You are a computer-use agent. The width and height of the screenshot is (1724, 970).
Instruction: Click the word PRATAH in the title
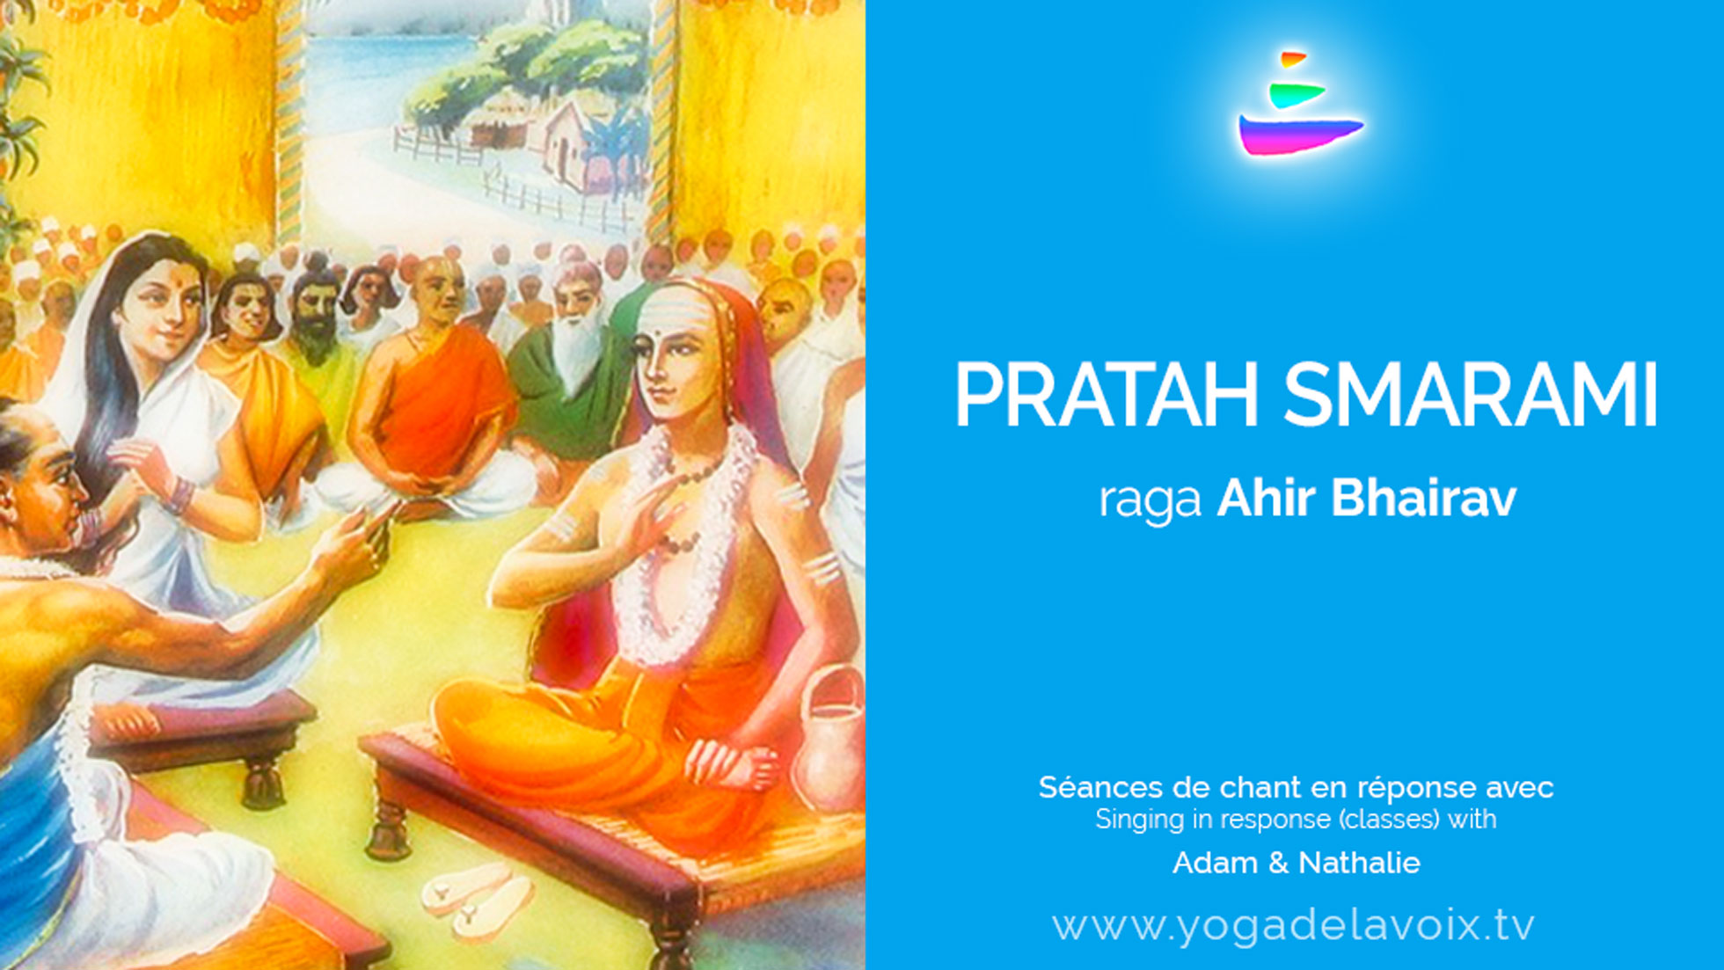(x=1107, y=395)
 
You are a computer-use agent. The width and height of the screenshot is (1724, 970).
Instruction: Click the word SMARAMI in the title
(x=1471, y=395)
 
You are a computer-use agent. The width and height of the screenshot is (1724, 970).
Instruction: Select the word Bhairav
(x=1423, y=497)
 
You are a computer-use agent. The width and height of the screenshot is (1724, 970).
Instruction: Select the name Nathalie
(x=1359, y=863)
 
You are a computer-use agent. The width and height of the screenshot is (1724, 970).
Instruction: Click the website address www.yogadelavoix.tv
(x=1293, y=926)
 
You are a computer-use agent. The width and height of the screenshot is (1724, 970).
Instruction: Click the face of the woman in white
(x=163, y=303)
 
